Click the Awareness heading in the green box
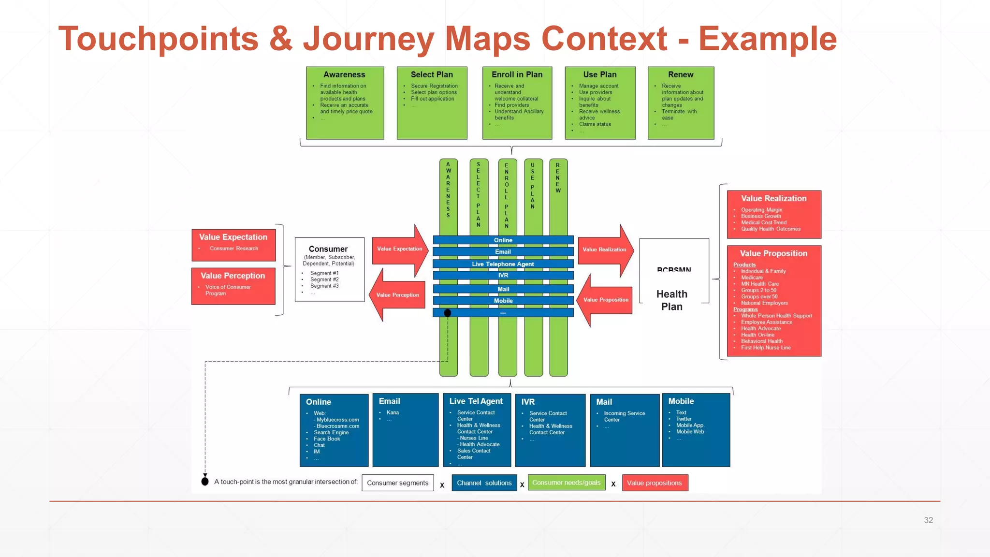coord(344,74)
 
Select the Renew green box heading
coord(680,74)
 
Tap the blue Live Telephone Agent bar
coord(503,264)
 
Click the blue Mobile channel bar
coord(503,301)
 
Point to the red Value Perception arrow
coord(397,295)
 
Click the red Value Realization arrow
coord(605,249)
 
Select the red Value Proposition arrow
coord(606,300)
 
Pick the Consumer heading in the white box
coord(328,249)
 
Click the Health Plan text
coord(671,300)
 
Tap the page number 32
coord(928,520)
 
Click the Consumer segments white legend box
coord(397,483)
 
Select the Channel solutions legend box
coord(484,483)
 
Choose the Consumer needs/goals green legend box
coord(566,483)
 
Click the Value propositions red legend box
coord(654,483)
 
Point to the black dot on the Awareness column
coord(448,313)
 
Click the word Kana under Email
coord(393,412)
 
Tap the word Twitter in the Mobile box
coord(684,419)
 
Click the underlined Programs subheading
coord(745,309)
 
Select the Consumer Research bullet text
coord(233,249)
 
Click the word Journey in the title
coord(368,39)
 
